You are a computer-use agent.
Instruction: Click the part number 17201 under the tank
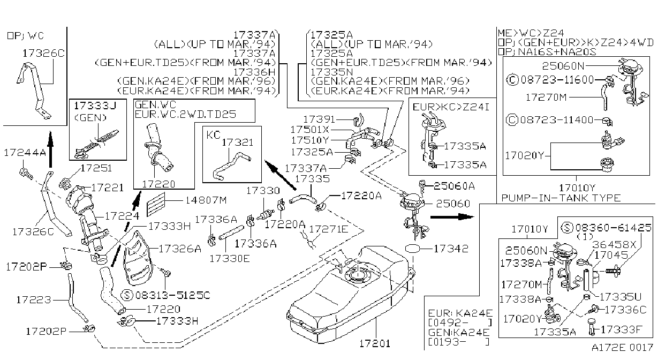[x=375, y=343]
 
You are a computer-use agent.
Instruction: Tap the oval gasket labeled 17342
[x=413, y=249]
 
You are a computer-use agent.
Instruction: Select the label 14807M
[x=206, y=200]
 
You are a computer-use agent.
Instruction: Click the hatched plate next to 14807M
[x=156, y=204]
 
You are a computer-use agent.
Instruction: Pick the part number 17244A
[x=25, y=153]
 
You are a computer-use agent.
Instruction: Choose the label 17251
[x=96, y=168]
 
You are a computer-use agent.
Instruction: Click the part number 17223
[x=34, y=300]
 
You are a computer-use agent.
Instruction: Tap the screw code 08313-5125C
[x=173, y=295]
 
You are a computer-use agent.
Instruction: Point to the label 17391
[x=319, y=119]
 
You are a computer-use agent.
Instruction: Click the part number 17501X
[x=310, y=130]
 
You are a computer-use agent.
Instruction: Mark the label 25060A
[x=454, y=186]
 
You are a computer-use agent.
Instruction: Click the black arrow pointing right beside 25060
[x=452, y=217]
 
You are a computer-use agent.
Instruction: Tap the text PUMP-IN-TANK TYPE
[x=561, y=198]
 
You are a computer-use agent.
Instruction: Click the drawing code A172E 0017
[x=622, y=347]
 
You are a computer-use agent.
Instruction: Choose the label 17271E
[x=328, y=229]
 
